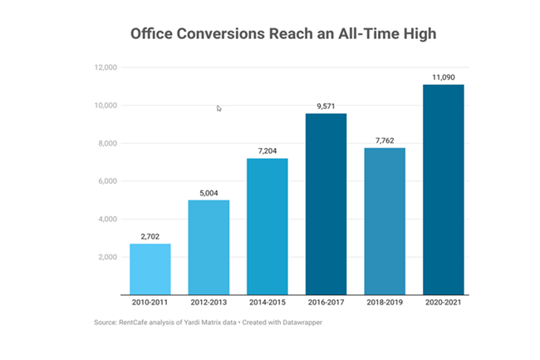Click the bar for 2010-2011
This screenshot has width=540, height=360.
pyautogui.click(x=150, y=269)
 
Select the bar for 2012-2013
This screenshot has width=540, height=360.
pyautogui.click(x=209, y=247)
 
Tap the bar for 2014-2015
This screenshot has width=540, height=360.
pyautogui.click(x=267, y=226)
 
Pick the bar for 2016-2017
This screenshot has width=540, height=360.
pyautogui.click(x=326, y=204)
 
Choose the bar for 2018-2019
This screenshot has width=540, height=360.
pyautogui.click(x=384, y=221)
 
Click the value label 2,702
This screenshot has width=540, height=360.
pyautogui.click(x=150, y=237)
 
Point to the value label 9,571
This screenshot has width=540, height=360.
pyautogui.click(x=326, y=106)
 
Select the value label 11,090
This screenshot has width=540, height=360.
pyautogui.click(x=442, y=77)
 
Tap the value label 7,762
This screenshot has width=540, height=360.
pyautogui.click(x=384, y=141)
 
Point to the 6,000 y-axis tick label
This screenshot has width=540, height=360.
pyautogui.click(x=107, y=181)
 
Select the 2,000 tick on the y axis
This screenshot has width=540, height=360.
pyautogui.click(x=107, y=257)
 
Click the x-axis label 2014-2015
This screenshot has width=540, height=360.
pyautogui.click(x=267, y=304)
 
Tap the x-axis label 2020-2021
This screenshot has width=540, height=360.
pyautogui.click(x=442, y=304)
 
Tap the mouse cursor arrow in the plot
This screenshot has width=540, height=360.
pyautogui.click(x=219, y=108)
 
